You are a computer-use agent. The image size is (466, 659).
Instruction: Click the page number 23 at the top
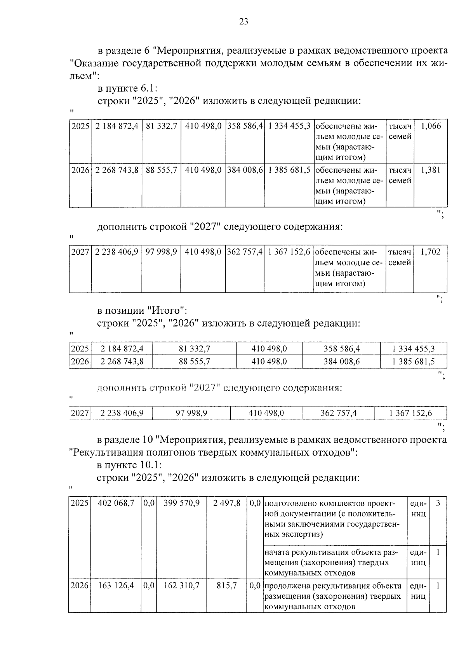point(243,22)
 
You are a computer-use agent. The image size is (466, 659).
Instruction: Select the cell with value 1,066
point(431,126)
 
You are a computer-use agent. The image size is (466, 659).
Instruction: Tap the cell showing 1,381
point(431,170)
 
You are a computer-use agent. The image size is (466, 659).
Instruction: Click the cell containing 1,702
point(431,252)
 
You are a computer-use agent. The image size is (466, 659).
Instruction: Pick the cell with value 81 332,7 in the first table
point(162,126)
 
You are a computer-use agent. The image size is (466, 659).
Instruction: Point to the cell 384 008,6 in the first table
point(245,170)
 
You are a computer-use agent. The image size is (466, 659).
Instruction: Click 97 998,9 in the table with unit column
point(161,252)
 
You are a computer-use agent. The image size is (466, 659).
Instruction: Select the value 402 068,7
point(116,503)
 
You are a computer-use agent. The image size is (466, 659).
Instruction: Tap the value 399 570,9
point(182,503)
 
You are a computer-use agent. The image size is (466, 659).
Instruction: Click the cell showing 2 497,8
point(227,503)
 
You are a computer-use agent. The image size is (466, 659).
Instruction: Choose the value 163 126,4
point(116,586)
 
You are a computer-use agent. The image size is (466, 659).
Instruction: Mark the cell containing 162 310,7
point(182,586)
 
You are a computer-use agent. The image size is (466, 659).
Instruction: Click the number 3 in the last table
point(438,503)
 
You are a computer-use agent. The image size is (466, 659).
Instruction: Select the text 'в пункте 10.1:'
point(129,465)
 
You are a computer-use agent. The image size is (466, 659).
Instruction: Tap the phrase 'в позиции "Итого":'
point(142,311)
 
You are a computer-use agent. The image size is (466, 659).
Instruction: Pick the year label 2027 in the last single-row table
point(80,414)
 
